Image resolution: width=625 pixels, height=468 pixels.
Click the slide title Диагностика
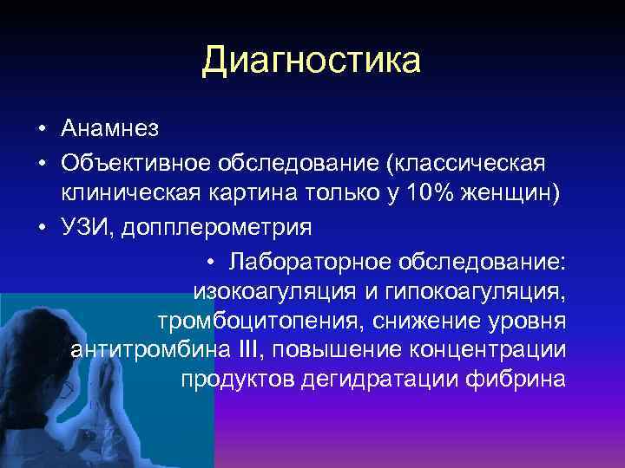click(x=312, y=62)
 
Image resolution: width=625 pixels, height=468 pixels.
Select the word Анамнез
click(x=110, y=130)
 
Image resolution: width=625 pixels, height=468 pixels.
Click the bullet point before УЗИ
click(x=42, y=228)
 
